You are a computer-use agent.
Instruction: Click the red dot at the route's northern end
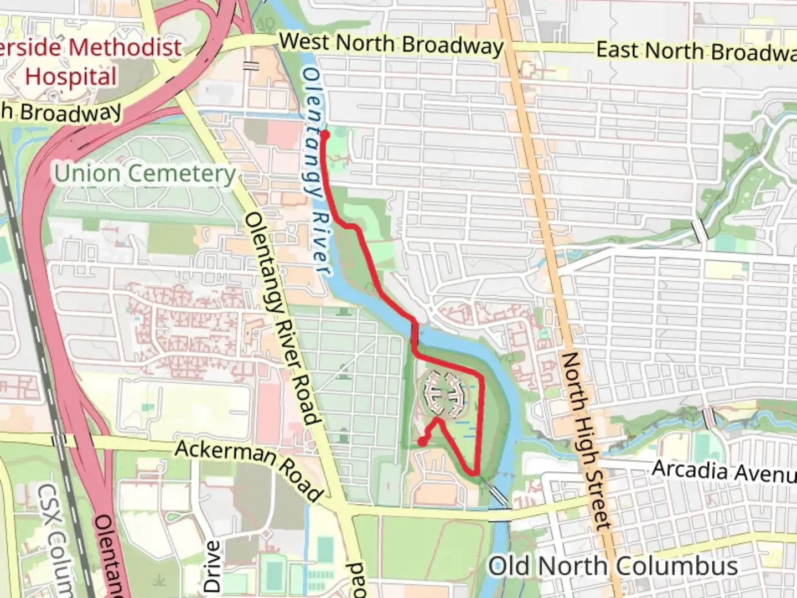click(325, 134)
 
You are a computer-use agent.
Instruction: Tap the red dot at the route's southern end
click(422, 441)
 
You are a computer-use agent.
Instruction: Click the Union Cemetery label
click(145, 174)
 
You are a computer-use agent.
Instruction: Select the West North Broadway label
click(391, 44)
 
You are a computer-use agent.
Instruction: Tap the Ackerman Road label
click(248, 469)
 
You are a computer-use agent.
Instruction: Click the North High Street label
click(584, 440)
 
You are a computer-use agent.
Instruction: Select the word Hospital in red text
click(71, 76)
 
